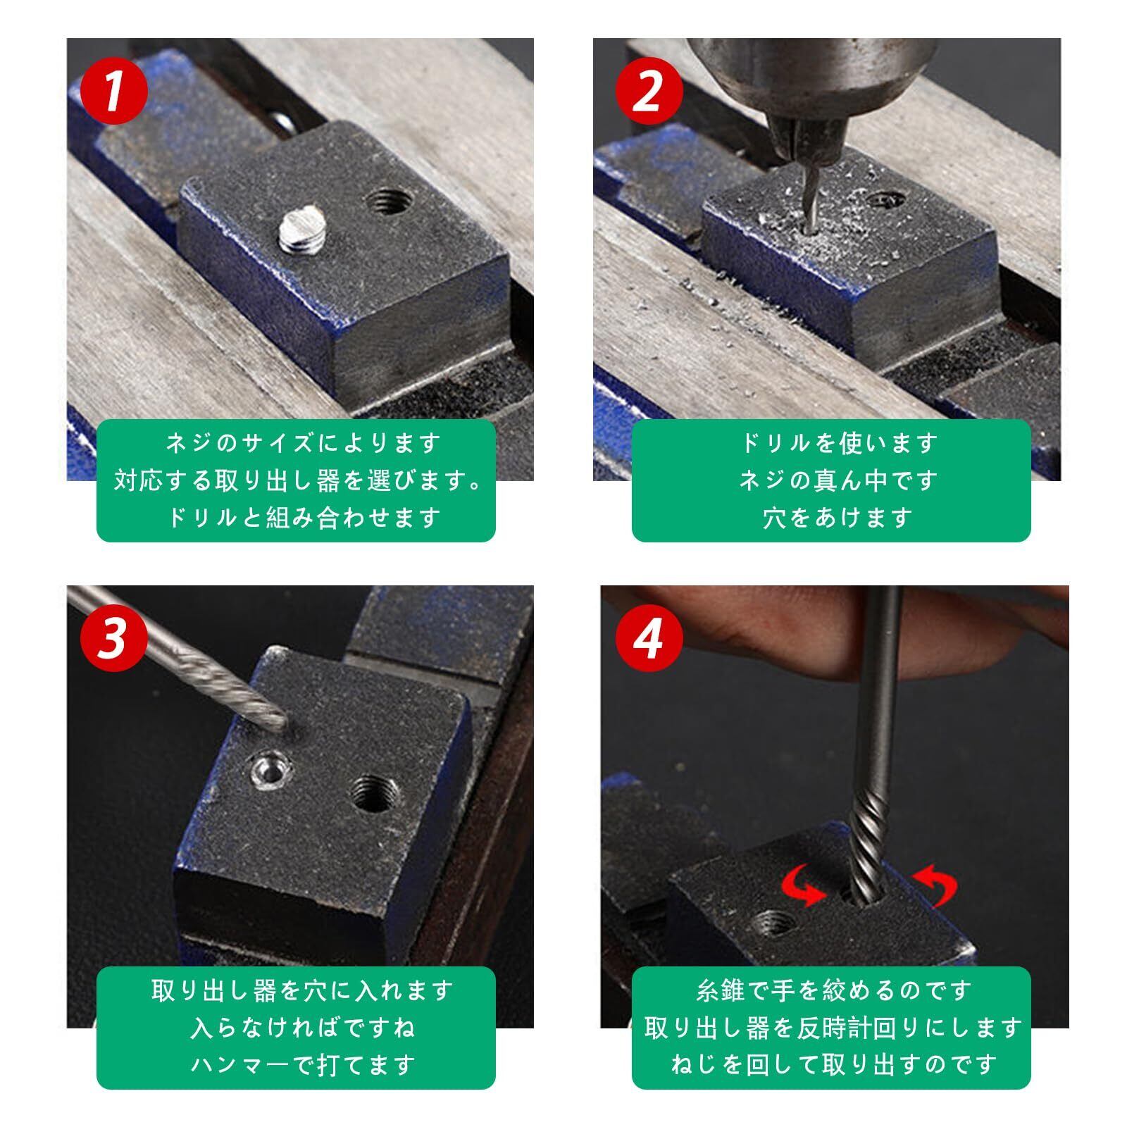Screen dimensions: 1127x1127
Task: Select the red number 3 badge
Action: click(114, 638)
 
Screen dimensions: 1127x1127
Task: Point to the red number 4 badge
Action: click(649, 638)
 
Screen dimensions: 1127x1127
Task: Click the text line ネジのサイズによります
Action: click(303, 444)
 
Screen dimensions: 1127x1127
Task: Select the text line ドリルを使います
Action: click(838, 444)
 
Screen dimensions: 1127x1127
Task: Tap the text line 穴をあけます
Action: click(838, 518)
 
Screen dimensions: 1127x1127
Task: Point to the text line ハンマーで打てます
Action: click(303, 1065)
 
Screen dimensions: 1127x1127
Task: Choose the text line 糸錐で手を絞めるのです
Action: click(833, 991)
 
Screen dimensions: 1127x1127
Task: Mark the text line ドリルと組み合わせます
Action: click(303, 518)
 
